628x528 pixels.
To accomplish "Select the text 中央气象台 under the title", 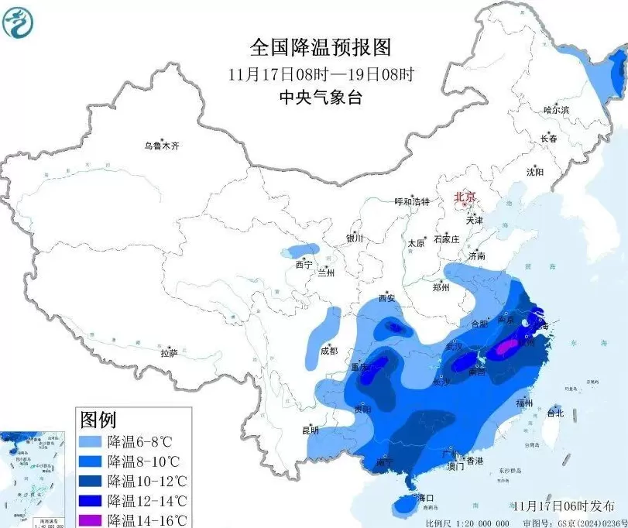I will (x=321, y=98).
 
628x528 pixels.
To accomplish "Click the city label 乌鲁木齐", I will (x=161, y=146).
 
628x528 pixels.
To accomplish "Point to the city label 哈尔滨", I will (x=555, y=111).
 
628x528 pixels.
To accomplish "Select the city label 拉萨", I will (x=170, y=353).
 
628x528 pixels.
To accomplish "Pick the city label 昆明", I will (x=311, y=430).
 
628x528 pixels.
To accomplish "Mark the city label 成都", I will (x=328, y=351).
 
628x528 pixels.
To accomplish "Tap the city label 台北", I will (x=556, y=413).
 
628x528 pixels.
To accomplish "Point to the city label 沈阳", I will (x=535, y=172).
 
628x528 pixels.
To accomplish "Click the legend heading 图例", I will (x=98, y=421).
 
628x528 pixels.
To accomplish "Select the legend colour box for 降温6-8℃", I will (x=91, y=443).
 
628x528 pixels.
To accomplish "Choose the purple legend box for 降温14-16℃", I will (x=91, y=519).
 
